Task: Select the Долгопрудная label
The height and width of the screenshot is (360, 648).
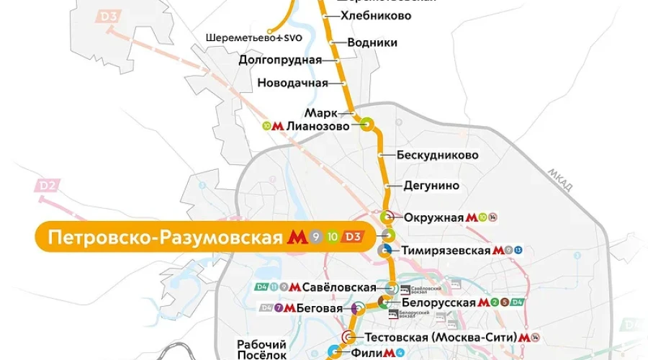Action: coord(279,60)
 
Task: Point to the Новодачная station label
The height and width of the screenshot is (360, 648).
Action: coord(292,83)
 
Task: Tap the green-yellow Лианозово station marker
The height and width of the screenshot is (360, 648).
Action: coord(367,125)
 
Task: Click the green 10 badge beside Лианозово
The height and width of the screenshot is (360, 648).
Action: coord(267,126)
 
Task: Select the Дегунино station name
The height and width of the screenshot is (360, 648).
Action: coord(431,186)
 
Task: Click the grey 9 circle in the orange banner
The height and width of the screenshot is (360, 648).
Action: coord(316,237)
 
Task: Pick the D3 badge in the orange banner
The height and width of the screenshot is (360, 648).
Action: coord(353,237)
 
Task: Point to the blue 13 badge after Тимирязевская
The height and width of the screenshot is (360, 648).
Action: coord(517,251)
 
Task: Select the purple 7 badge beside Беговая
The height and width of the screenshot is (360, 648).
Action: coord(278,308)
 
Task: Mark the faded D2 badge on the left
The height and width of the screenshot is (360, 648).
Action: coord(48,187)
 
